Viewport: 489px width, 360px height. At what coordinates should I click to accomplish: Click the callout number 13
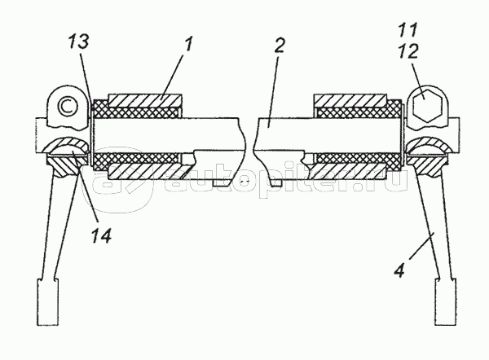tap(79, 42)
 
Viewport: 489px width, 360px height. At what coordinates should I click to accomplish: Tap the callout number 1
tap(188, 44)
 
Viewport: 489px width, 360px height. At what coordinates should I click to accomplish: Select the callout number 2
tap(279, 46)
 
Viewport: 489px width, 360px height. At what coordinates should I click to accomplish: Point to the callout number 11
tap(408, 30)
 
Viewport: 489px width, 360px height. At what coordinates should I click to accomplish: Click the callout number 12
tap(408, 51)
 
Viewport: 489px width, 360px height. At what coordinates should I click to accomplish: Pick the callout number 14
tap(101, 235)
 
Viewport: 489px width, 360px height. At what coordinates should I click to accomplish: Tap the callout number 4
tap(400, 270)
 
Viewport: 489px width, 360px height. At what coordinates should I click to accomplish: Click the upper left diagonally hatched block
tap(144, 101)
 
